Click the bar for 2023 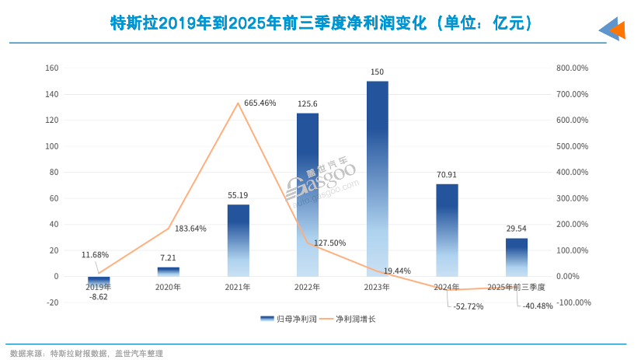point(377,178)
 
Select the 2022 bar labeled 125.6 point(308,194)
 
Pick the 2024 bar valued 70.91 point(447,229)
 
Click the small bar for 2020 point(169,271)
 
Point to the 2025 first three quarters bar point(517,257)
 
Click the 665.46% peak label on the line point(260,103)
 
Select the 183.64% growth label point(190,229)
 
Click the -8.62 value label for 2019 point(98,297)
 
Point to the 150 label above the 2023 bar point(377,72)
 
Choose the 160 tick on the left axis point(51,68)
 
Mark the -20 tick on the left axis point(52,302)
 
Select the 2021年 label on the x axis point(238,287)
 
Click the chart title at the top point(321,23)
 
